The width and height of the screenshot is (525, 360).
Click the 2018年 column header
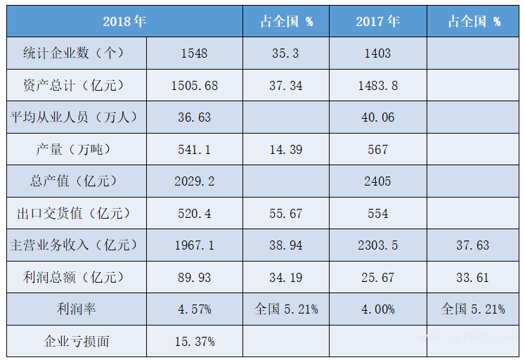124,21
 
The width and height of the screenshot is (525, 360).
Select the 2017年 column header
377,21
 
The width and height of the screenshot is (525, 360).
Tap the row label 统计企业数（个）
77,53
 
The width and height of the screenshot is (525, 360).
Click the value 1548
194,53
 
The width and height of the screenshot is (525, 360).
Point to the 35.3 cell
286,53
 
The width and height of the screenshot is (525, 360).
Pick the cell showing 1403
377,53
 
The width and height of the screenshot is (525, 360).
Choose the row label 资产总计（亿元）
77,86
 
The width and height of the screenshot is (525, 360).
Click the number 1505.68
194,86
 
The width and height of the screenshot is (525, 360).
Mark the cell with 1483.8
377,86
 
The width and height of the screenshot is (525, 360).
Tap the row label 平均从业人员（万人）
77,117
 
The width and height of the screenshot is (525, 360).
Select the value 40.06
377,117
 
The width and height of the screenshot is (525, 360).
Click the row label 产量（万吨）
77,149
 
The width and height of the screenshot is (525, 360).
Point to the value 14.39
286,149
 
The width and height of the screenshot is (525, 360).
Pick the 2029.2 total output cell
194,181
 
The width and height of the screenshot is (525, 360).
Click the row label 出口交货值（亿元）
77,213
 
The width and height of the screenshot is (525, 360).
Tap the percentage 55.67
286,213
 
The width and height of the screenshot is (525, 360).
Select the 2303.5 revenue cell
377,245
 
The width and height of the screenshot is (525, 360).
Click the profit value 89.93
194,277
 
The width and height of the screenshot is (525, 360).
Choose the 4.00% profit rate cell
377,309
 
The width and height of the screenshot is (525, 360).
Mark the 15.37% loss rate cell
194,342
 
